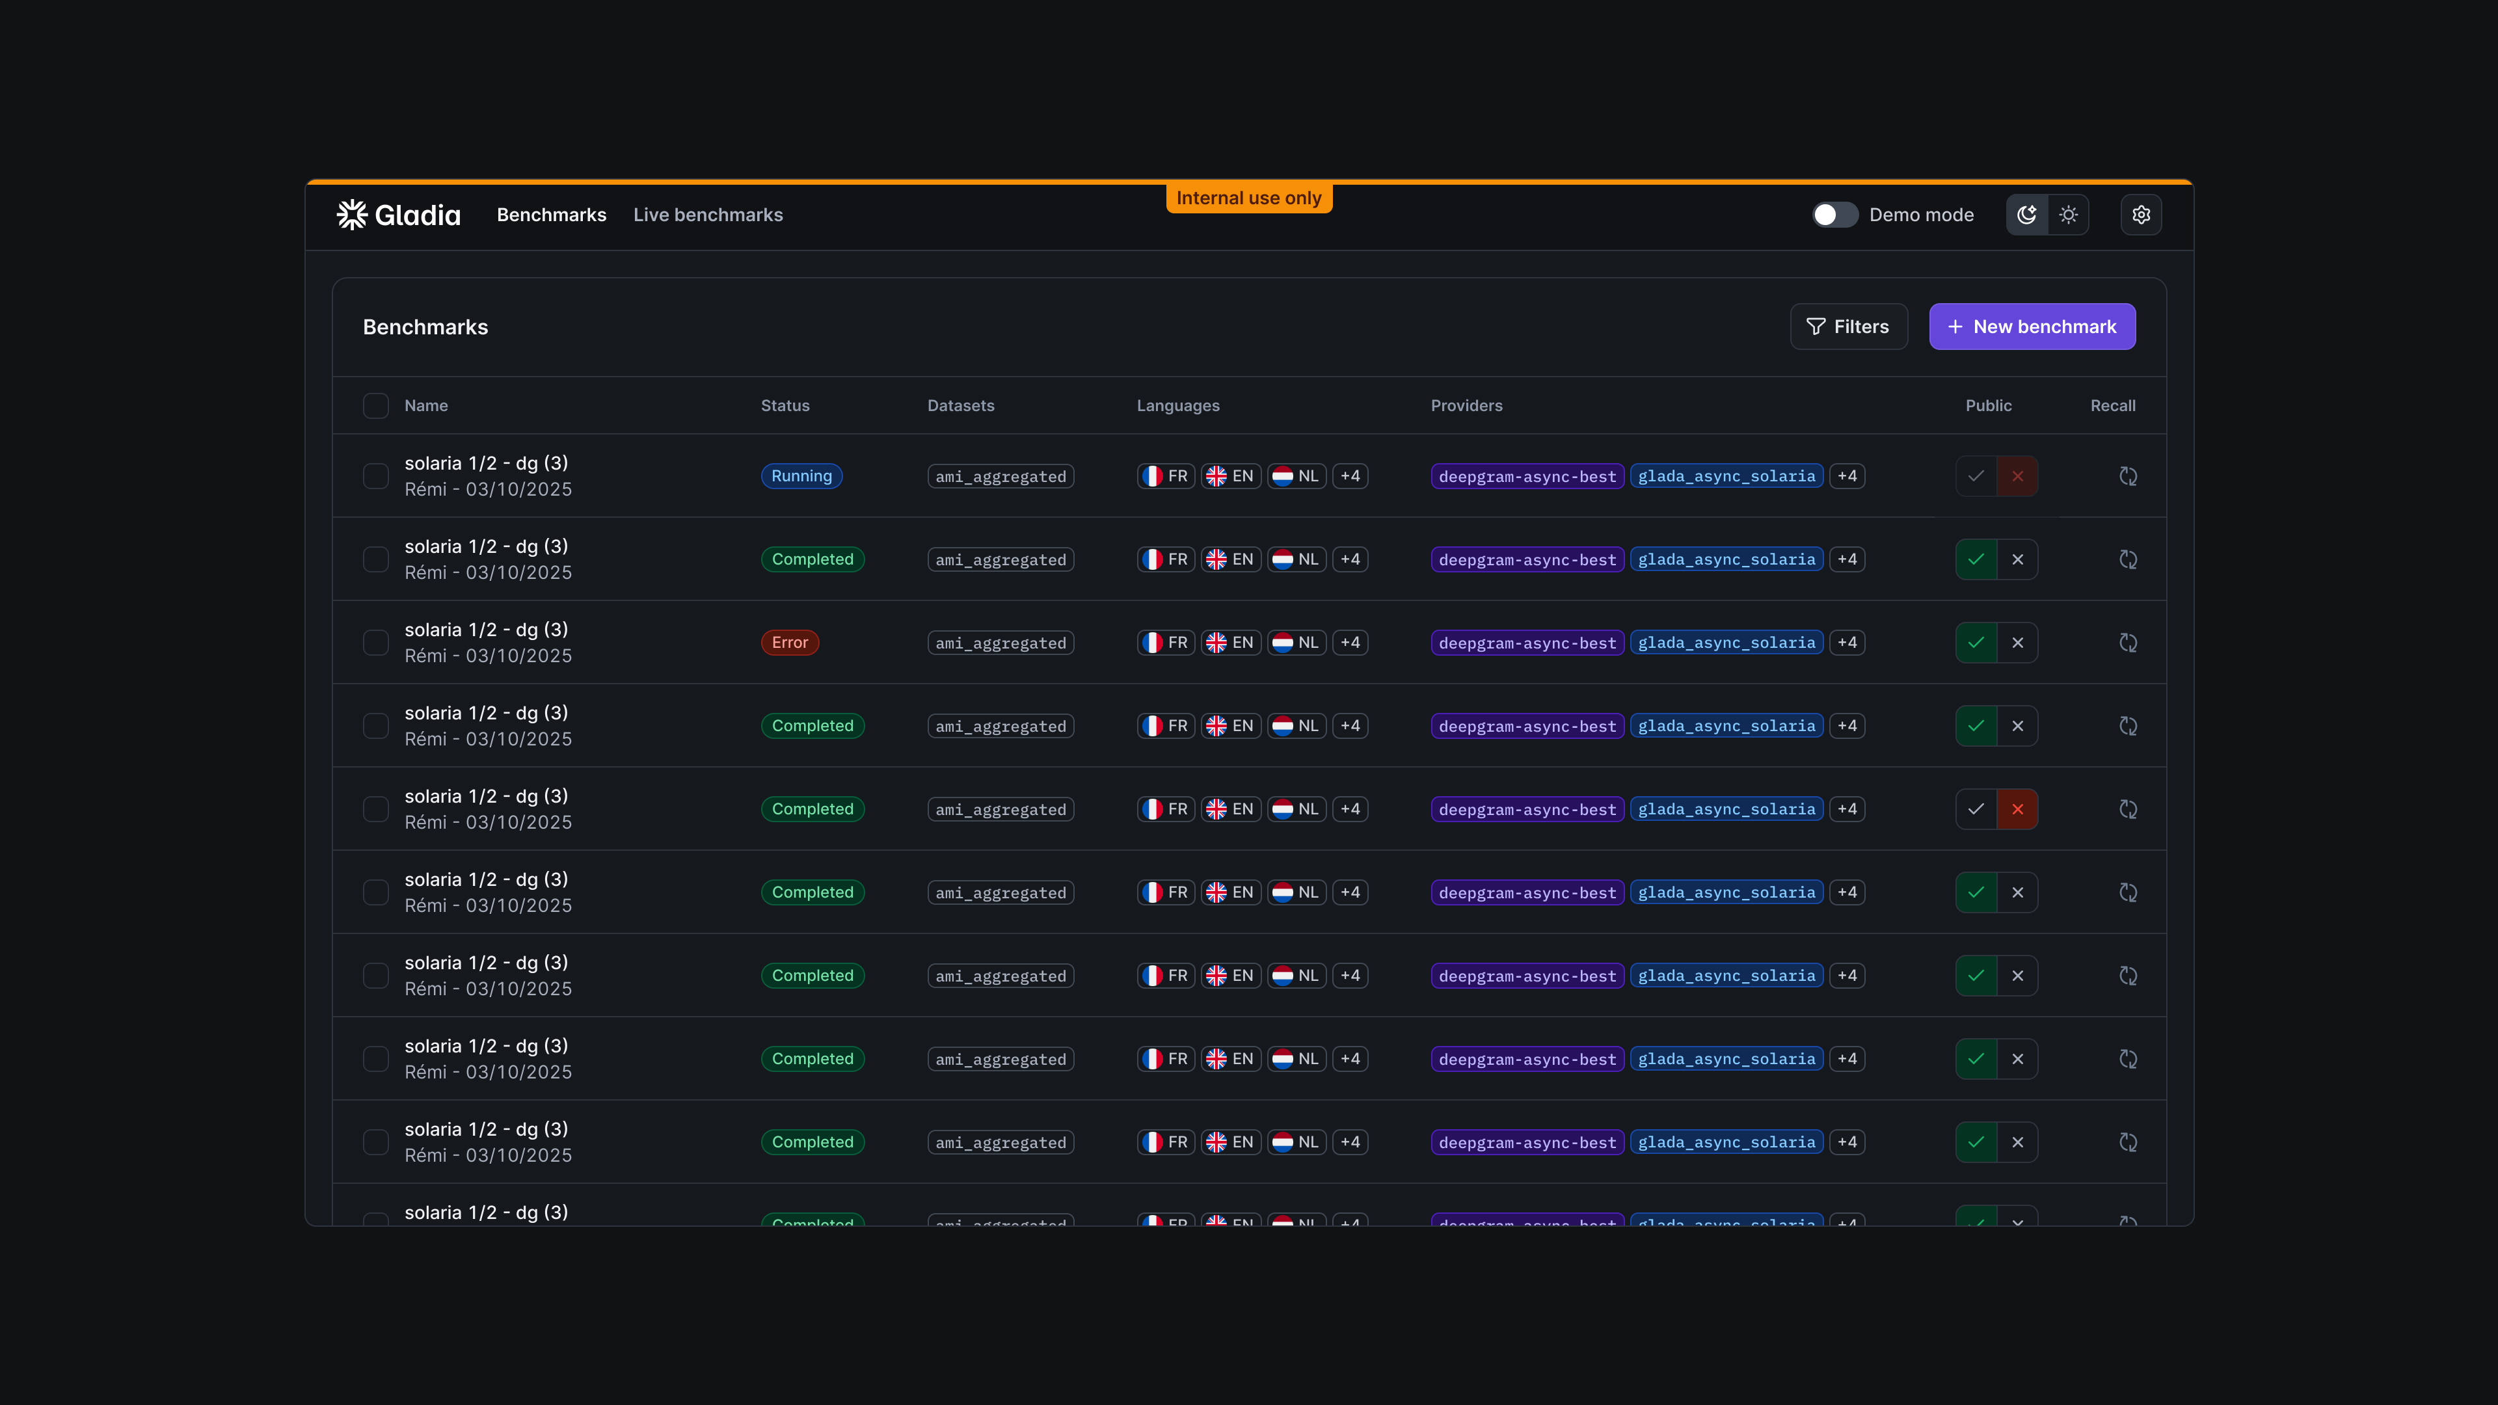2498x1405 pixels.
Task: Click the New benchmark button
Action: click(2032, 327)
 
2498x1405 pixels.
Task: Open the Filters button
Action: click(1848, 327)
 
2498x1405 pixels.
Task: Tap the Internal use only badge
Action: click(1249, 198)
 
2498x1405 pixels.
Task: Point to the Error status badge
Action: click(789, 643)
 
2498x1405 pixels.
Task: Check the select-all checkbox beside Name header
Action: click(375, 405)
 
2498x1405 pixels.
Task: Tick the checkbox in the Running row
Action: click(375, 476)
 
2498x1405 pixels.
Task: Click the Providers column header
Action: click(1466, 405)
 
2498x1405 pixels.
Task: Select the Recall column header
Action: click(2112, 405)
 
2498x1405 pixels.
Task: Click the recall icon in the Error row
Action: click(2128, 643)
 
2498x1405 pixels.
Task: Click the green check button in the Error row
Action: click(1976, 643)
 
